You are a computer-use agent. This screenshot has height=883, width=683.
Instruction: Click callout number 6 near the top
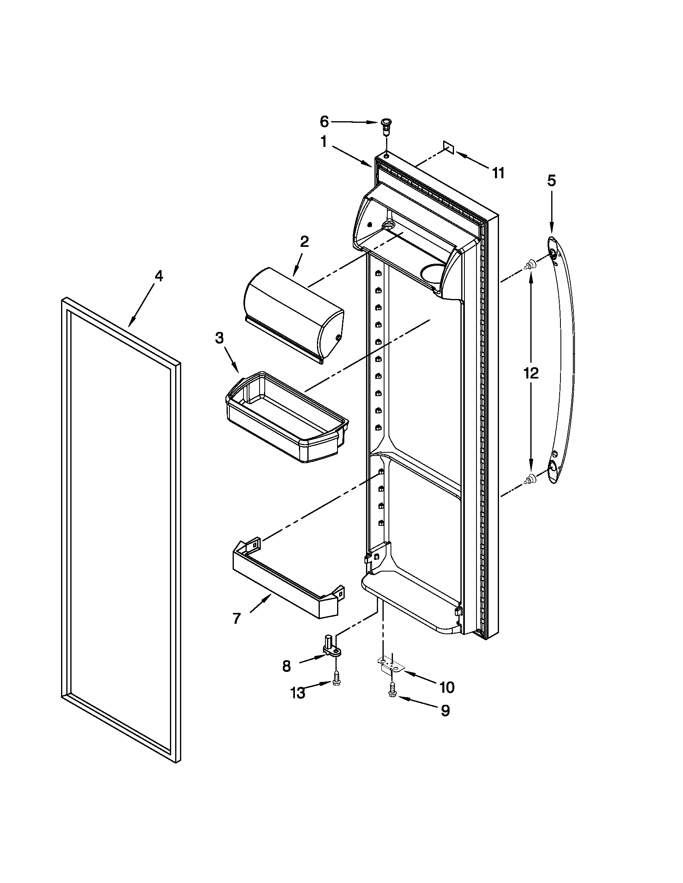324,121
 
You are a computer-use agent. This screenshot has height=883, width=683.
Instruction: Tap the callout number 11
498,173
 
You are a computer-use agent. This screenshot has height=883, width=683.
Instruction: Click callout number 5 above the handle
552,180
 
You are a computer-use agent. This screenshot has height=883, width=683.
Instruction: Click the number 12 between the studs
531,373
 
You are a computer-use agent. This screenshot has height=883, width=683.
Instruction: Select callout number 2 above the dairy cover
304,241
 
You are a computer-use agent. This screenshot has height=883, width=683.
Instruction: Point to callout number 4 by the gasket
159,276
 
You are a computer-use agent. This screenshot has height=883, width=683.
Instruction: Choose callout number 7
237,618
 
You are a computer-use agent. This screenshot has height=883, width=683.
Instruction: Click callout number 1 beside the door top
323,142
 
